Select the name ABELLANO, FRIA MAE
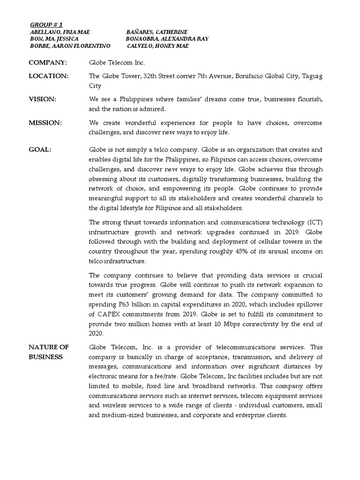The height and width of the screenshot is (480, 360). pyautogui.click(x=60, y=31)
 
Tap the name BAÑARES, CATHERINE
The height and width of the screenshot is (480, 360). pyautogui.click(x=157, y=31)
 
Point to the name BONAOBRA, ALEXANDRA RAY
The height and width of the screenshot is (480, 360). pyautogui.click(x=167, y=38)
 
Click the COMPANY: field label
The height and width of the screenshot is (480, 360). pyautogui.click(x=48, y=62)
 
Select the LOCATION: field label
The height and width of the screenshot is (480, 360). pyautogui.click(x=49, y=75)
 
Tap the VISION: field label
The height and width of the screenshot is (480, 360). pyautogui.click(x=43, y=99)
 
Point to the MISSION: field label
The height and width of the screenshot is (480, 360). pyautogui.click(x=45, y=123)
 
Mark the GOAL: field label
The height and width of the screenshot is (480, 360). pyautogui.click(x=40, y=150)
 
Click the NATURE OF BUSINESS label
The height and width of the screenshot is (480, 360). pyautogui.click(x=49, y=352)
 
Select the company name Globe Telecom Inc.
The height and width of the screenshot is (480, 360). pyautogui.click(x=117, y=62)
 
